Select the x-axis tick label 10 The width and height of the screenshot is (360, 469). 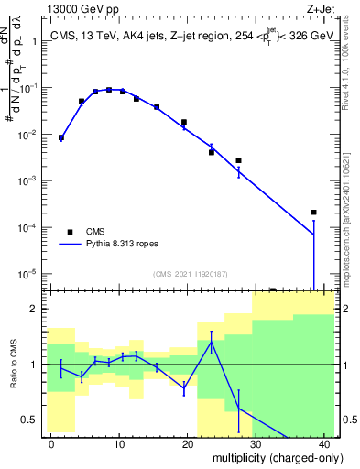tap(119, 443)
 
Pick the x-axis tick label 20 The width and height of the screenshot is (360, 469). tap(188, 443)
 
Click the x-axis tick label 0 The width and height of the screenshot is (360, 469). tap(51, 443)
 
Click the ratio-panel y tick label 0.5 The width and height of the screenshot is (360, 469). tap(31, 420)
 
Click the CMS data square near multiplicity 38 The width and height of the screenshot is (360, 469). tap(313, 213)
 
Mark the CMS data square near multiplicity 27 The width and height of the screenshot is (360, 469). tap(238, 160)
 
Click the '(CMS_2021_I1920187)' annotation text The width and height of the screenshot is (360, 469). tap(190, 273)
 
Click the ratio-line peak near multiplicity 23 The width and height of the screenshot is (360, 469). tap(212, 343)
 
